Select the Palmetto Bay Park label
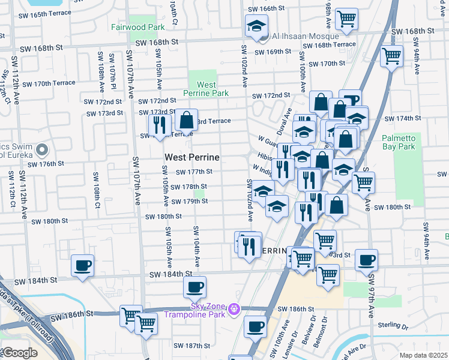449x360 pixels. pos(399,142)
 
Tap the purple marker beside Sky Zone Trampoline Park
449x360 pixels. pos(234,308)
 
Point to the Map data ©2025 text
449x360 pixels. pos(423,355)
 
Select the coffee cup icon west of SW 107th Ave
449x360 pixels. pos(82,265)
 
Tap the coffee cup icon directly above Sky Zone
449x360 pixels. pos(194,286)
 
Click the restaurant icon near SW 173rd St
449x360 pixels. pos(159,125)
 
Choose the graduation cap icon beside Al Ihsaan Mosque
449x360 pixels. pos(256,26)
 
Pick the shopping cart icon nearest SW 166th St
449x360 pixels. pos(346,19)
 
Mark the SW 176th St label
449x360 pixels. pos(44,163)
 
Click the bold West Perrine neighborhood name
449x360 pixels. pos(191,157)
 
